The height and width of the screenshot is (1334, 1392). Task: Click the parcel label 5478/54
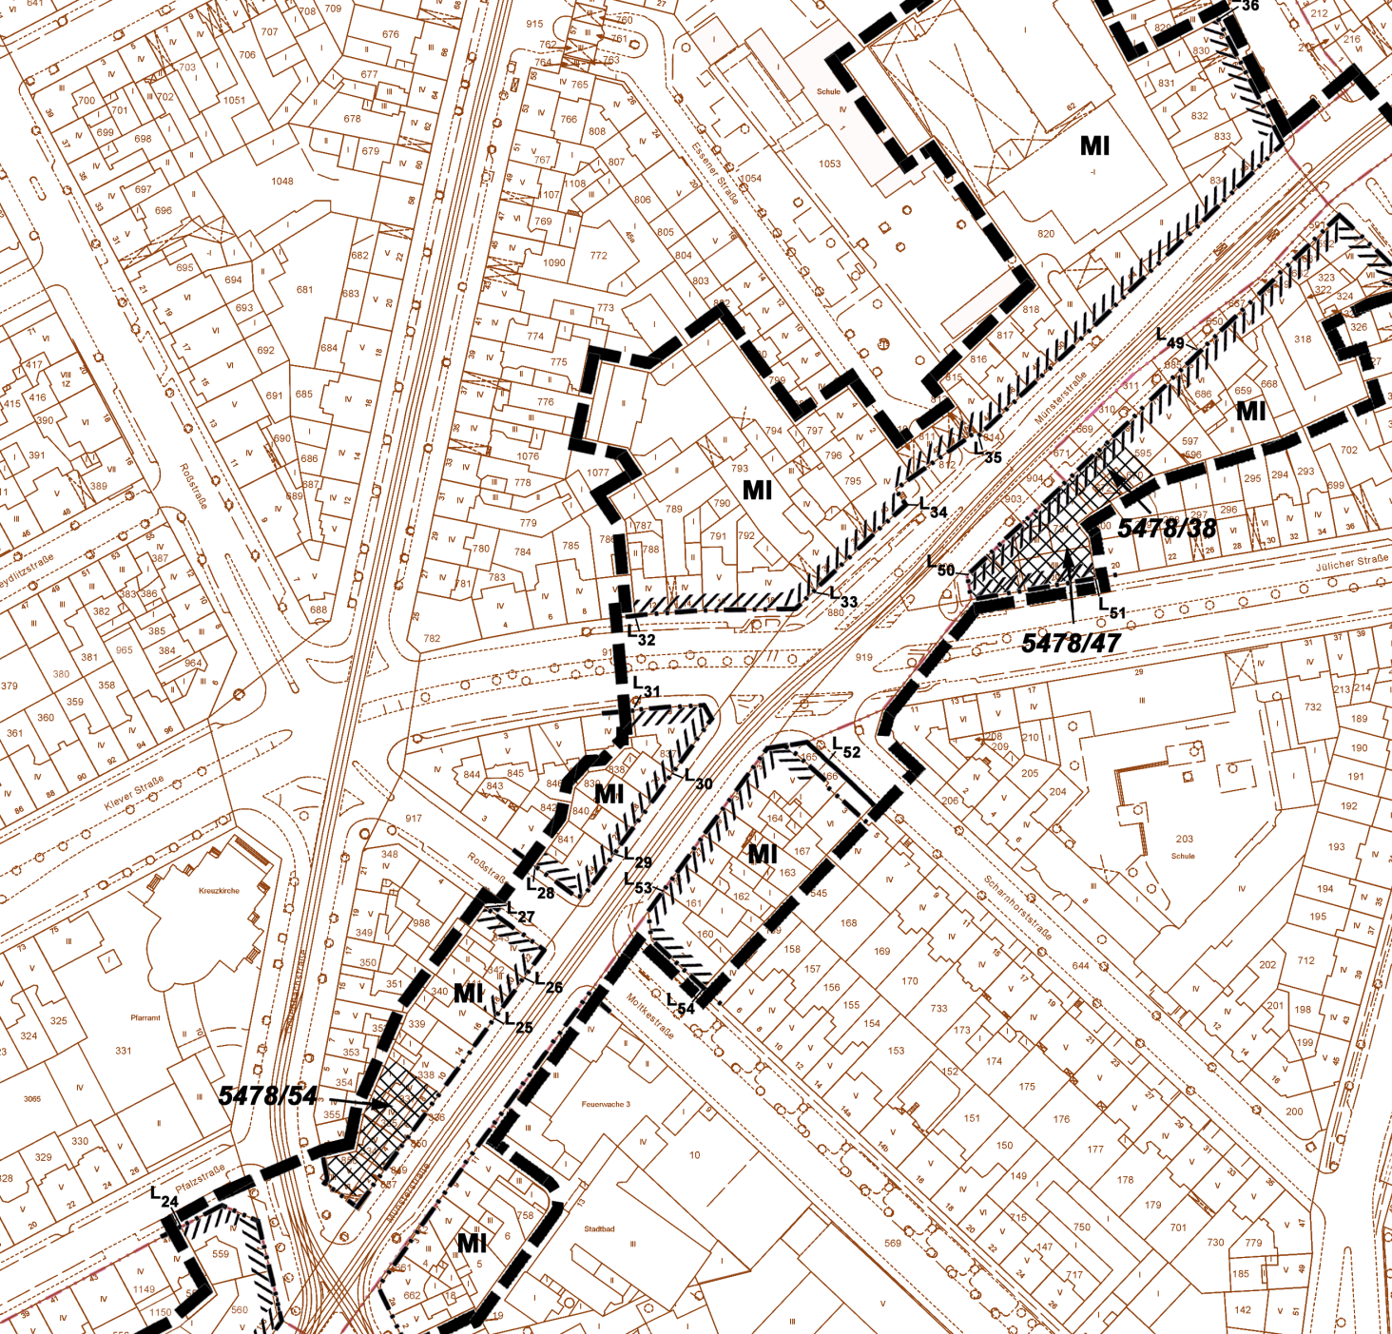pyautogui.click(x=268, y=1095)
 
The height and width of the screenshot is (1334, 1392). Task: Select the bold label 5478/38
pyautogui.click(x=1167, y=529)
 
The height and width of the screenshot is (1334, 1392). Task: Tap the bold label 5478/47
pyautogui.click(x=1071, y=644)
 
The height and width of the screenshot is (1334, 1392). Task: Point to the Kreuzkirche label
pyautogui.click(x=219, y=891)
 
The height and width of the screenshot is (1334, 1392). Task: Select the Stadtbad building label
pyautogui.click(x=599, y=1228)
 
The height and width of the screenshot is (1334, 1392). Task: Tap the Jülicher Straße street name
pyautogui.click(x=1352, y=562)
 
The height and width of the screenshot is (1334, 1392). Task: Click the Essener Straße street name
pyautogui.click(x=715, y=174)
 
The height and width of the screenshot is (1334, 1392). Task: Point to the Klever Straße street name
pyautogui.click(x=134, y=793)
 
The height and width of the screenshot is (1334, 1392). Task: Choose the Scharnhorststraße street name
pyautogui.click(x=1017, y=908)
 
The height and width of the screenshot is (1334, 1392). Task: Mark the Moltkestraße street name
pyautogui.click(x=650, y=1016)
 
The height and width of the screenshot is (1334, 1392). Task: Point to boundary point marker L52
pyautogui.click(x=845, y=749)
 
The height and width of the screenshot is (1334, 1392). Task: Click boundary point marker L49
pyautogui.click(x=1170, y=339)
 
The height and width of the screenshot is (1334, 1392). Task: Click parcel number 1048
pyautogui.click(x=282, y=181)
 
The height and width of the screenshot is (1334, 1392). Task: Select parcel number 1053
pyautogui.click(x=829, y=164)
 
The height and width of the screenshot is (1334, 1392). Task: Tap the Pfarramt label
pyautogui.click(x=145, y=1017)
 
